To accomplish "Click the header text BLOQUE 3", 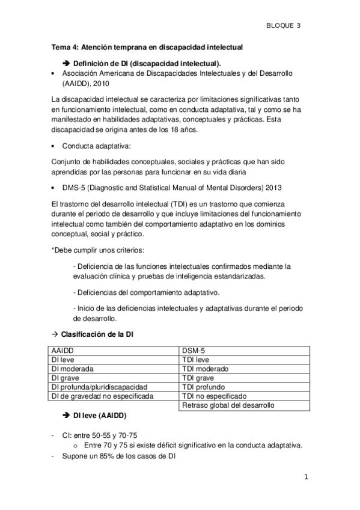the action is [x=283, y=25].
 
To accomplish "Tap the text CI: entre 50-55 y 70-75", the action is [x=104, y=435].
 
